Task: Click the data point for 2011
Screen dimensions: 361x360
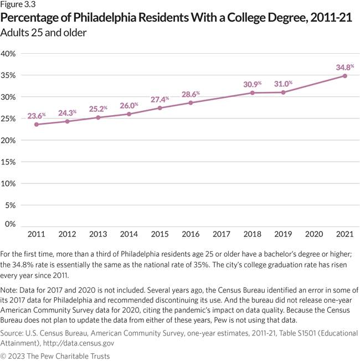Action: click(x=36, y=124)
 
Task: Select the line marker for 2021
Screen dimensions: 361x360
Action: click(x=344, y=76)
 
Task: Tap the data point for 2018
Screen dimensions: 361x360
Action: click(x=252, y=92)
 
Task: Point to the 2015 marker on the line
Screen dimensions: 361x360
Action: click(x=160, y=107)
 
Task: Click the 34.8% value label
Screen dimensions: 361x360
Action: click(x=345, y=67)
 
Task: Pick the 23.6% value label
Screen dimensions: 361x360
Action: click(x=37, y=116)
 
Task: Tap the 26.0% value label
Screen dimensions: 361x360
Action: click(x=128, y=105)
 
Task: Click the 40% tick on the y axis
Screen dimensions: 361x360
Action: click(x=9, y=54)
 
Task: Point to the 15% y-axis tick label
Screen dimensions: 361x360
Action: click(x=9, y=162)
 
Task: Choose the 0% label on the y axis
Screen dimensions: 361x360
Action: click(x=11, y=224)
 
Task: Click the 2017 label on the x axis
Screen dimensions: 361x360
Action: click(x=221, y=235)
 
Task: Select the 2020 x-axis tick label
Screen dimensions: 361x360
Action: click(x=313, y=235)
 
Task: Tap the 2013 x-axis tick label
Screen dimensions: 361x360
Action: click(x=97, y=235)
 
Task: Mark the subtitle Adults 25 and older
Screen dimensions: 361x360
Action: click(x=45, y=32)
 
